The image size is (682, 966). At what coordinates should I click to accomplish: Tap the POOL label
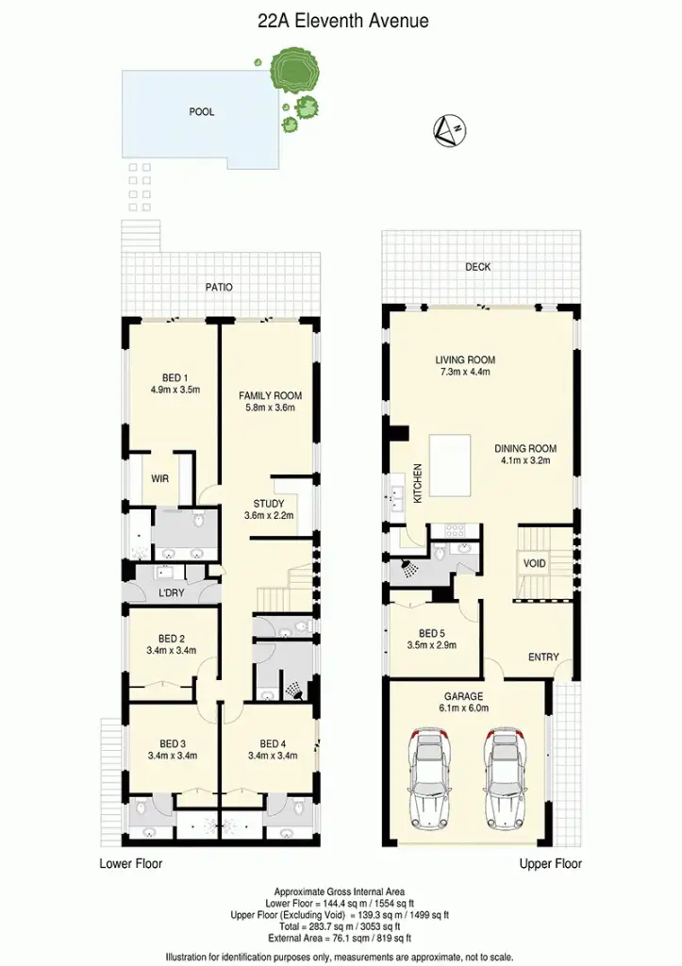click(x=202, y=111)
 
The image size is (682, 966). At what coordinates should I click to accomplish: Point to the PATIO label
click(x=220, y=287)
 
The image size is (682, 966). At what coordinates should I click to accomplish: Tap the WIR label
click(x=160, y=478)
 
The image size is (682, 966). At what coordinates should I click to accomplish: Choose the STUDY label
click(x=269, y=504)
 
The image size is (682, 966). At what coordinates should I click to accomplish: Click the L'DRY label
click(x=173, y=593)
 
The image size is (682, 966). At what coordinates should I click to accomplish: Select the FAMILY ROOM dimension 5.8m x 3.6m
click(x=267, y=408)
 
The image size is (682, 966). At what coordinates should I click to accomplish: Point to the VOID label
click(x=534, y=563)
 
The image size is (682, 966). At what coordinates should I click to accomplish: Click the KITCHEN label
click(x=418, y=479)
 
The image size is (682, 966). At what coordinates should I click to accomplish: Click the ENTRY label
click(x=543, y=658)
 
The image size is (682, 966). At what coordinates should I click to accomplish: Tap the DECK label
click(x=478, y=267)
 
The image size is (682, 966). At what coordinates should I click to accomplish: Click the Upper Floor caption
click(x=551, y=863)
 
